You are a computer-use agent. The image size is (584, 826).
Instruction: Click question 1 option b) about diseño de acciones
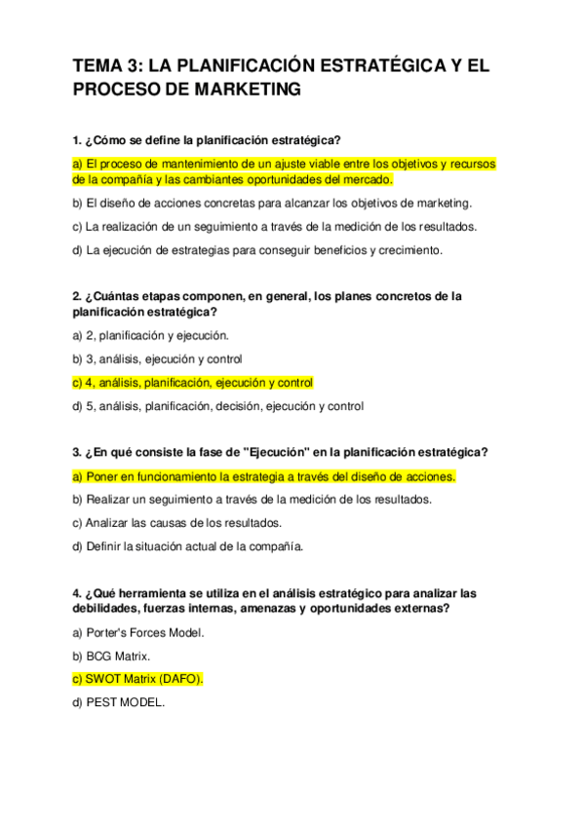[272, 203]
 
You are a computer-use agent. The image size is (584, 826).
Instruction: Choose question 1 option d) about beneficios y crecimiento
[257, 249]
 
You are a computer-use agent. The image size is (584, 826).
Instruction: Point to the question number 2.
[77, 295]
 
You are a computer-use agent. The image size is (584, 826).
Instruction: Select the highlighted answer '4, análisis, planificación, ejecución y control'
[193, 382]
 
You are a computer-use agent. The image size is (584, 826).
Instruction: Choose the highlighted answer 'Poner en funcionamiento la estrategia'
[263, 476]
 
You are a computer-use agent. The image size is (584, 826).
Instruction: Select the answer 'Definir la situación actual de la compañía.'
[188, 545]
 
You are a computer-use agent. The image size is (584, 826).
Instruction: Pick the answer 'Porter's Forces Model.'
[138, 632]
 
